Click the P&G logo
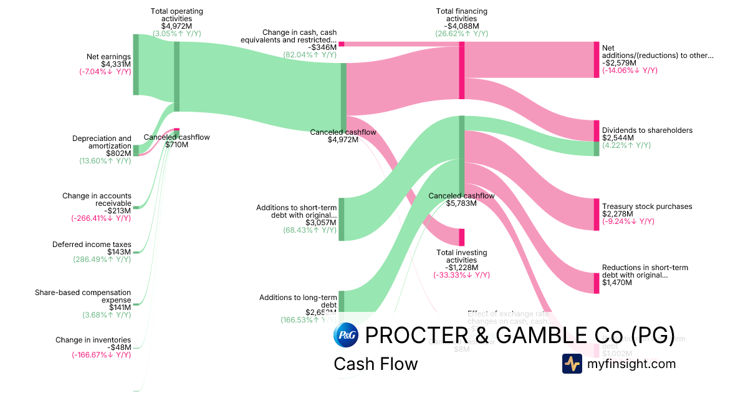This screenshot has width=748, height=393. tap(346, 335)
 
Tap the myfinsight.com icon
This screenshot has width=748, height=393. tap(572, 364)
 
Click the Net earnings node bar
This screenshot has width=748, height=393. tap(136, 64)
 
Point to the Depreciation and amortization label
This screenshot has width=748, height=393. tap(102, 142)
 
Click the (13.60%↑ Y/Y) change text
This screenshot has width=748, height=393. tap(105, 161)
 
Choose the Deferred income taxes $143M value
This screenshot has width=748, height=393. tap(119, 252)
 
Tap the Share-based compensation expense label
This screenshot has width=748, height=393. tap(83, 296)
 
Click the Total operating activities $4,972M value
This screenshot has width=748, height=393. tap(176, 26)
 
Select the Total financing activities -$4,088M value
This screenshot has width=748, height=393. tap(461, 26)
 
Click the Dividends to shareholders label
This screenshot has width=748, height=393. tap(647, 130)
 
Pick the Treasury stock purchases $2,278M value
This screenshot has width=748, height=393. tap(618, 214)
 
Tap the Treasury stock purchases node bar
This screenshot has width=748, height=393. tap(597, 214)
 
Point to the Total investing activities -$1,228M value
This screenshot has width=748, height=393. tap(461, 268)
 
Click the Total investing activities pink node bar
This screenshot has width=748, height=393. tap(462, 237)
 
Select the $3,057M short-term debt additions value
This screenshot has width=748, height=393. tap(321, 223)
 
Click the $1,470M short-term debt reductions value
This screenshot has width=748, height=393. tap(617, 283)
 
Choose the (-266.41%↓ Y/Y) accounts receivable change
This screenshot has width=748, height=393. tap(101, 218)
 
